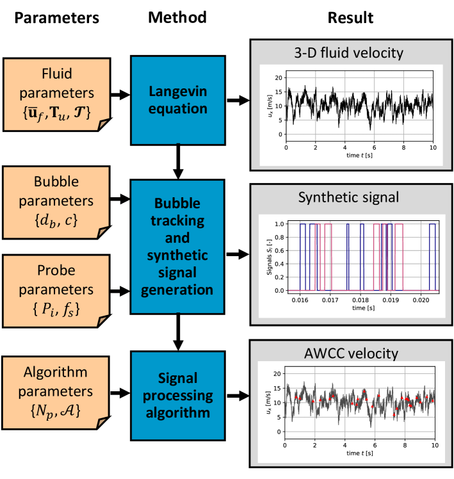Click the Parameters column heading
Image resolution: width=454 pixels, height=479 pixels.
click(x=57, y=18)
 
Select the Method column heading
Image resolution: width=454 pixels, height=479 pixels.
click(x=177, y=18)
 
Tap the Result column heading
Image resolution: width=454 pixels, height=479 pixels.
click(x=350, y=18)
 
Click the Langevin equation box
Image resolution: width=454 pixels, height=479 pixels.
click(x=177, y=101)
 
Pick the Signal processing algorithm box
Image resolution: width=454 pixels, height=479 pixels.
click(x=177, y=394)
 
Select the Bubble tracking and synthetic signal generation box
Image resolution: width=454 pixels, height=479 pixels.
click(x=177, y=247)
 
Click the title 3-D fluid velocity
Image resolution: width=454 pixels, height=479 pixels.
click(x=350, y=52)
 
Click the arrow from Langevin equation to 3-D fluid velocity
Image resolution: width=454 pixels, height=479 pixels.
click(x=236, y=101)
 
